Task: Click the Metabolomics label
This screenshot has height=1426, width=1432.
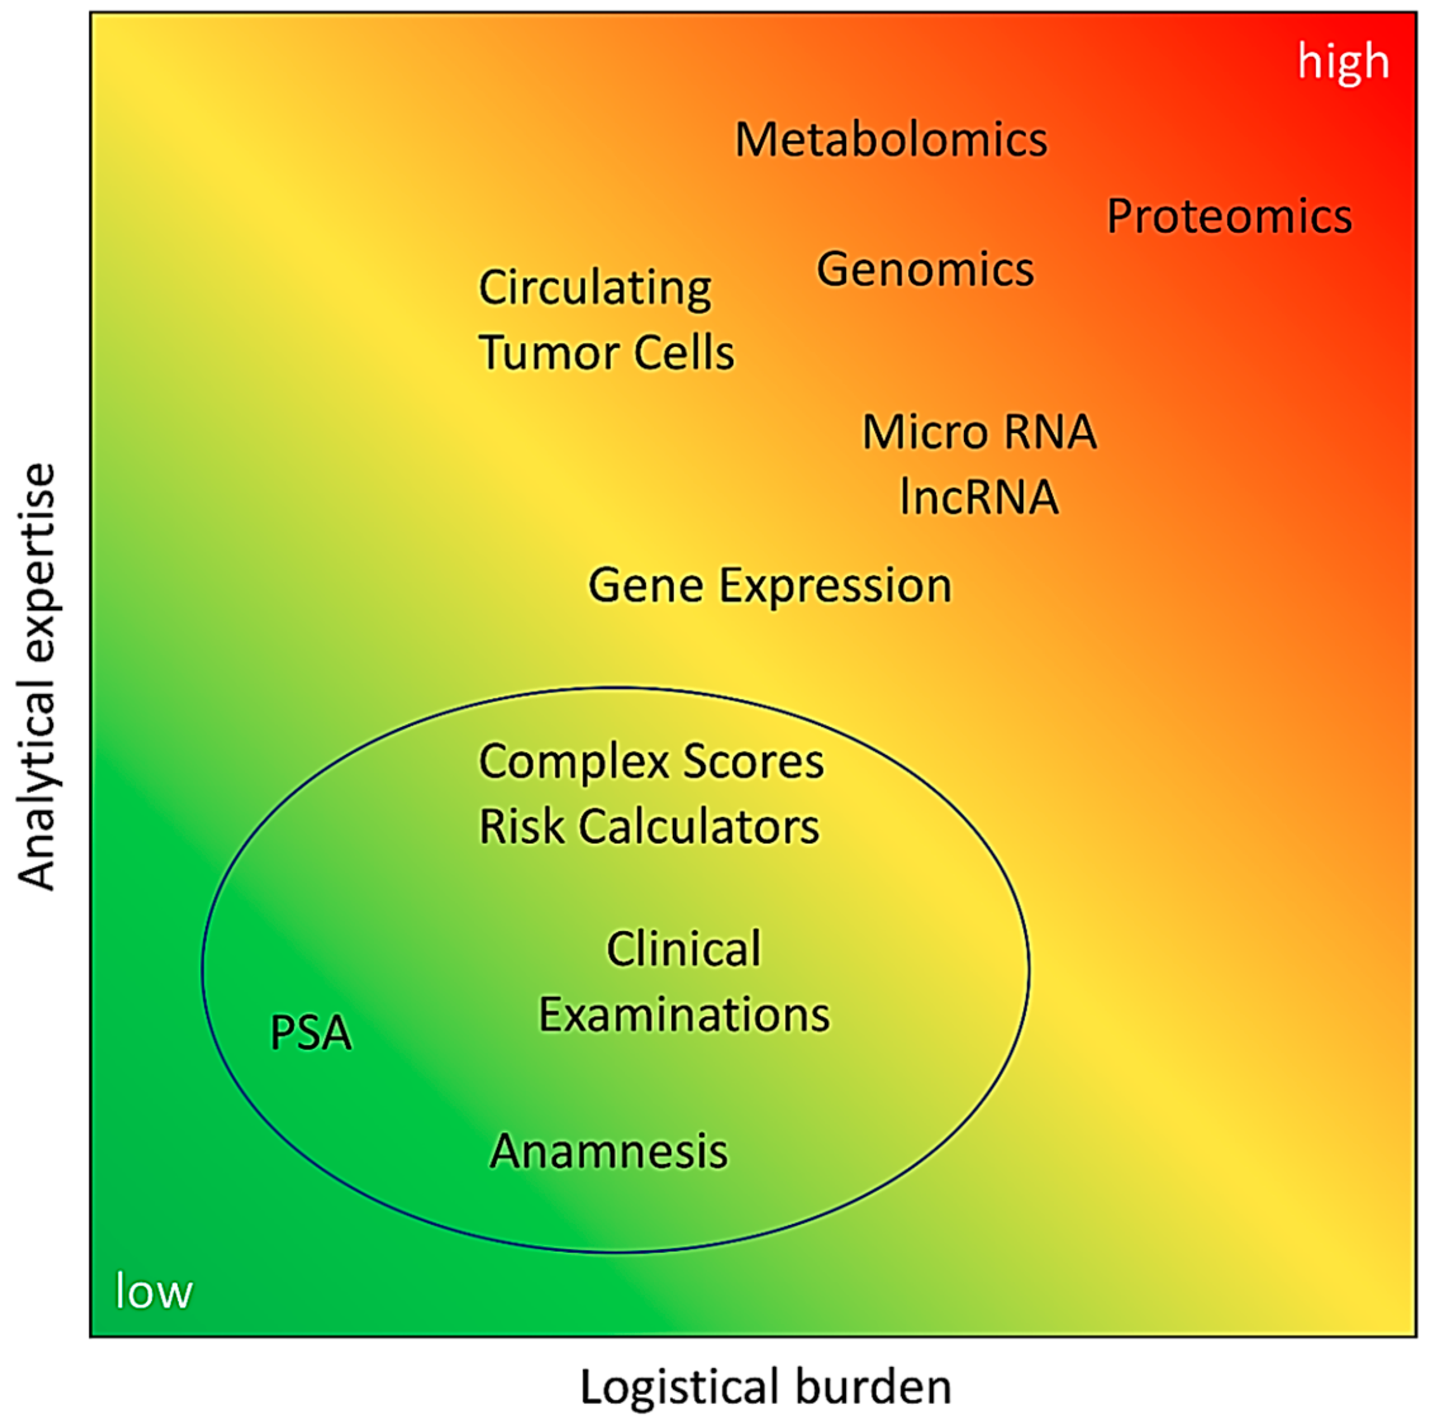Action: pos(890,139)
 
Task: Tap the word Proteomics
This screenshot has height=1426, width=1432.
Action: pos(1229,217)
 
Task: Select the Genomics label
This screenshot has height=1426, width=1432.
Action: pos(925,269)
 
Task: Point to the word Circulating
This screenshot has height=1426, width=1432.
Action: pos(594,288)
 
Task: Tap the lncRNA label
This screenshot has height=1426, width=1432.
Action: pos(978,496)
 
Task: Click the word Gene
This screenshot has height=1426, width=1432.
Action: pos(646,585)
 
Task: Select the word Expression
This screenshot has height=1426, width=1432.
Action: pos(836,587)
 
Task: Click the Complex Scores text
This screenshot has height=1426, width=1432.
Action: pos(651,761)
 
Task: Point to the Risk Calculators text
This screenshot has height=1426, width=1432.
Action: pos(650,826)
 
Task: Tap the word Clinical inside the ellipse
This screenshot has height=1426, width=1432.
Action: pos(683,948)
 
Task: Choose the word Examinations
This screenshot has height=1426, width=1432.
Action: pos(683,1014)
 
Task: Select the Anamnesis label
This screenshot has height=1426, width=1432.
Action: pos(608,1151)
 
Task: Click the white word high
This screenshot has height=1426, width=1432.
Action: pos(1342,61)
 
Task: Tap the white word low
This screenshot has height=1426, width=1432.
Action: pos(153,1291)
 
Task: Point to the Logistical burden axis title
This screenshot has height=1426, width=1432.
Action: pos(765,1386)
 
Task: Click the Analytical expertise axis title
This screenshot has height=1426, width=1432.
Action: pos(37,677)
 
